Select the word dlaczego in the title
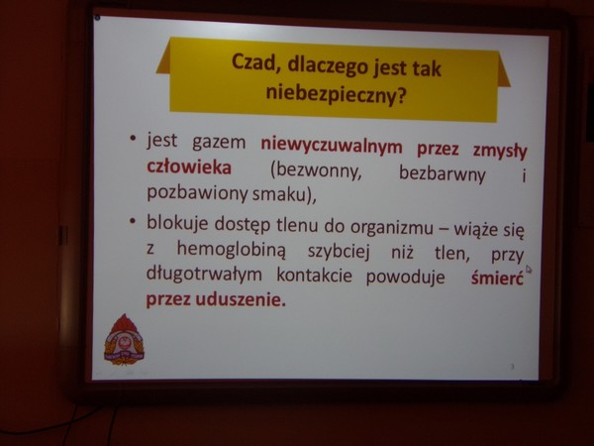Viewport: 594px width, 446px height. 328,66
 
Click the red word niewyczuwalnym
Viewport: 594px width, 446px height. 332,147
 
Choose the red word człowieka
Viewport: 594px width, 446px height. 189,167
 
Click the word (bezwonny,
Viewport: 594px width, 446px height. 316,171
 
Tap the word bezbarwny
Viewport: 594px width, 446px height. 442,174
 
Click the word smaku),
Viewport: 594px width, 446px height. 284,195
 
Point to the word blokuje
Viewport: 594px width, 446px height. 177,223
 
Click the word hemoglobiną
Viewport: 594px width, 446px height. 231,250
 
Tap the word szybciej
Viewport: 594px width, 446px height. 339,252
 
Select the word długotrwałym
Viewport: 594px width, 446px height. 204,274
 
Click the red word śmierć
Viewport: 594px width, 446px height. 497,278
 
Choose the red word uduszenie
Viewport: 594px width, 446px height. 241,300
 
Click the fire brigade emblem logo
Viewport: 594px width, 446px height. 124,339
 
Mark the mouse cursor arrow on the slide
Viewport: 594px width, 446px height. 529,270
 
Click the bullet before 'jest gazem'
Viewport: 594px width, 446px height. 133,139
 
